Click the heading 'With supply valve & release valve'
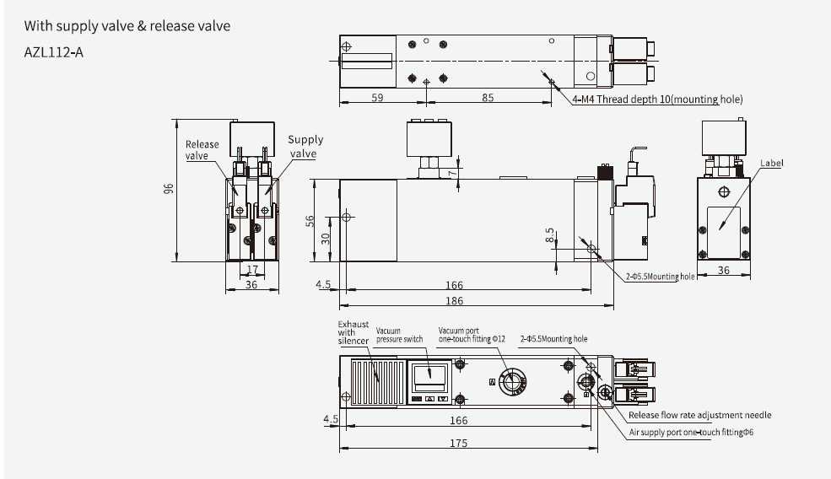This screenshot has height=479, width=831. (x=127, y=26)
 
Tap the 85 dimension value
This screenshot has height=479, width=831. (x=488, y=98)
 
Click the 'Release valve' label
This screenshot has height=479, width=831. (x=202, y=149)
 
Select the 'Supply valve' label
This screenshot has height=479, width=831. (x=305, y=147)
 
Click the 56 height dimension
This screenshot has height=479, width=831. (x=310, y=220)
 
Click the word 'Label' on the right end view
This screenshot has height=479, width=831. (x=773, y=163)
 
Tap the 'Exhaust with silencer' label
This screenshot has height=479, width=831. (x=353, y=334)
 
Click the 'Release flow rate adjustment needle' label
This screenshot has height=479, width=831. (x=699, y=415)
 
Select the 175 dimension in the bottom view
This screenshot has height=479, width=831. (x=458, y=444)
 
